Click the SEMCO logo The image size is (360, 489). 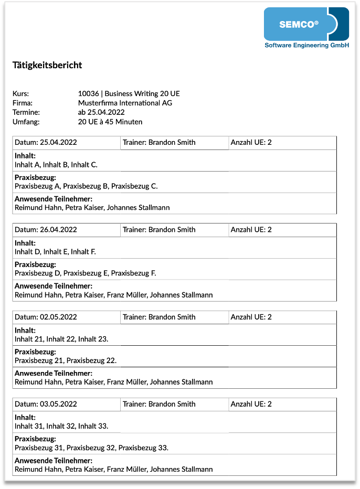coord(306,24)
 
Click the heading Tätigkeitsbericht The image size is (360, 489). coord(47,66)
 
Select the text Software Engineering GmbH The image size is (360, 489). coord(306,46)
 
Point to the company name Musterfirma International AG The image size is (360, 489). coord(125,103)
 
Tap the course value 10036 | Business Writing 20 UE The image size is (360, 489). coord(129,93)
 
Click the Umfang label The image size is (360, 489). coord(26,122)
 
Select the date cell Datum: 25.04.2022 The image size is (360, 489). coord(46,142)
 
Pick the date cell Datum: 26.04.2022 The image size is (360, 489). coord(46,229)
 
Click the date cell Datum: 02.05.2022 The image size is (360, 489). coord(46,317)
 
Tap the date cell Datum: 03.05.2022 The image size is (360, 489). coord(46,404)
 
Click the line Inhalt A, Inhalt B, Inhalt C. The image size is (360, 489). coord(56,165)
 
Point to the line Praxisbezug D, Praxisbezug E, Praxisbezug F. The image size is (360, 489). coord(86,273)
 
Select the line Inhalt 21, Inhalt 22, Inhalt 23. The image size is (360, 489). coord(61,339)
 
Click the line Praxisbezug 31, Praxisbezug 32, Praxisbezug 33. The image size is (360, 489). coord(91,448)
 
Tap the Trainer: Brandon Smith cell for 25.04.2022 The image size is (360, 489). coord(159,142)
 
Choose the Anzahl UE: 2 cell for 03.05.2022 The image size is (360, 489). coord(251,404)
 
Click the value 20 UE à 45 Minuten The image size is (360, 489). coord(110,122)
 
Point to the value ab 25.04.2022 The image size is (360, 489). coord(101,112)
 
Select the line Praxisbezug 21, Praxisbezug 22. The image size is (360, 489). coord(66,360)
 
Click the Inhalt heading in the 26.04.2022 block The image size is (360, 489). coord(25,243)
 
